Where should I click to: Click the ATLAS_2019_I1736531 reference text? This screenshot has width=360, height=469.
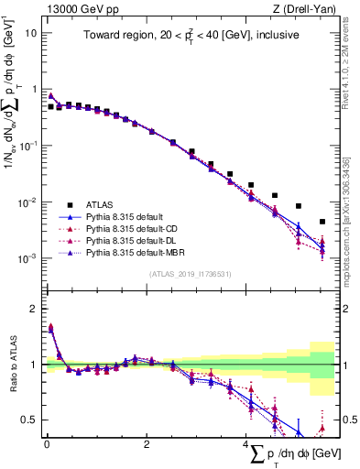(190, 274)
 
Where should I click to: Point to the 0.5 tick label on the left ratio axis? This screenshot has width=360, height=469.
(29, 420)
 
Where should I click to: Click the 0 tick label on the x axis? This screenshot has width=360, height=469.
(47, 444)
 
